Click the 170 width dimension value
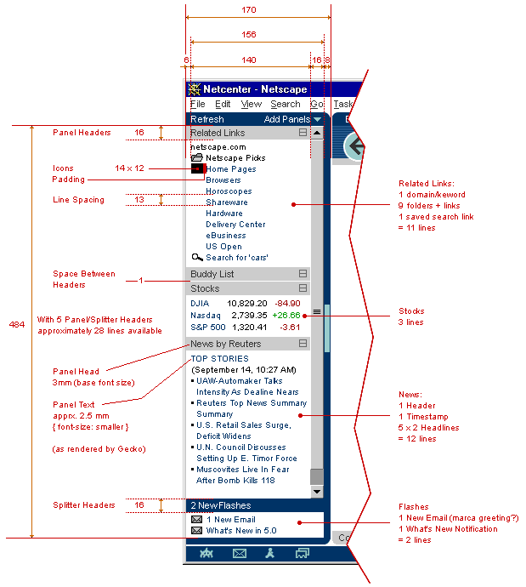249,10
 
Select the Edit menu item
223,105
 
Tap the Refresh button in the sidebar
207,120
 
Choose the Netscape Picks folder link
235,158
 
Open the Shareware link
227,202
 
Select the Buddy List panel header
212,274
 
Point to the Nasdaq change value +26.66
286,315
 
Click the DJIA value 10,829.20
246,303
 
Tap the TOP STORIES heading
219,359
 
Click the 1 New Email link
231,519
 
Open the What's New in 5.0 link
242,531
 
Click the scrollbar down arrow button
317,492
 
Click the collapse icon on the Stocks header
303,289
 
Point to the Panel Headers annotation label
82,133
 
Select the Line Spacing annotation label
78,200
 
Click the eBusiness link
225,236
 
